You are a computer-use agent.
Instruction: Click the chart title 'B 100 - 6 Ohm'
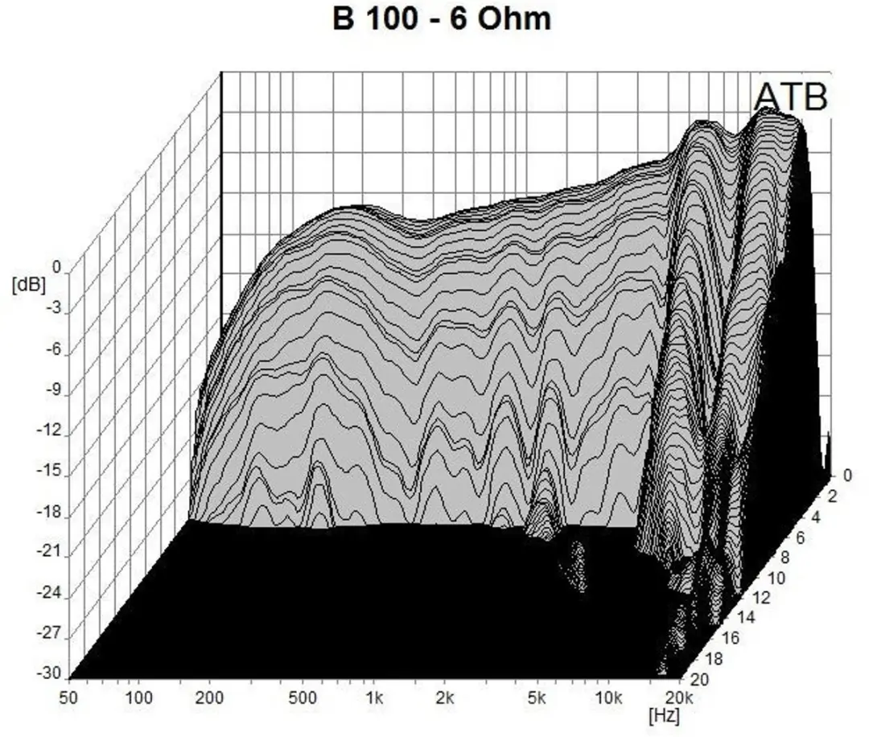point(442,19)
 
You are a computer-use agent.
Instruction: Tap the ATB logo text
point(791,97)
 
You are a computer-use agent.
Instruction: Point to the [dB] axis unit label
point(28,285)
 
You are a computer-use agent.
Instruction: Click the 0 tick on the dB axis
point(56,267)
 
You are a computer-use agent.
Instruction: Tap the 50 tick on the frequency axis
point(68,698)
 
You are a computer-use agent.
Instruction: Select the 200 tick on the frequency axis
point(209,698)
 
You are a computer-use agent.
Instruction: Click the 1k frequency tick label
point(375,698)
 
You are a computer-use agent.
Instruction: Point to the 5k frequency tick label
point(536,698)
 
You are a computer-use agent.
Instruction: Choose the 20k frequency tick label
point(679,698)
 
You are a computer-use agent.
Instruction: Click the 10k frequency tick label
point(608,698)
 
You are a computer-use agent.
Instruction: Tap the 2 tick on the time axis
point(833,496)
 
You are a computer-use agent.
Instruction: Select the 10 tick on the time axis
point(776,578)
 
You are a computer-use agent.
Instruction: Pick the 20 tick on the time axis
point(699,679)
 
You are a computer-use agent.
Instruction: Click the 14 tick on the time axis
point(746,619)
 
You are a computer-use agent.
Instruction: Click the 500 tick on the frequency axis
point(303,698)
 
